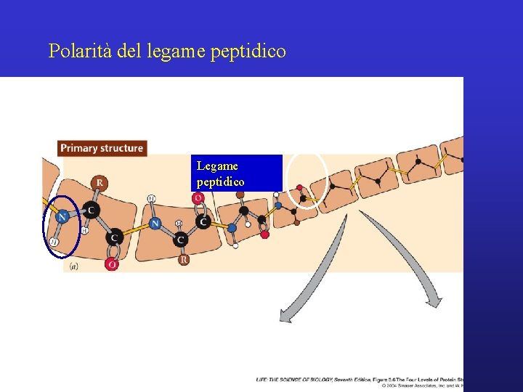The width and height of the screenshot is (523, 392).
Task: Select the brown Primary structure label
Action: pos(102,148)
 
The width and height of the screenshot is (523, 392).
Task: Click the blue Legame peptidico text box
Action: pos(236,173)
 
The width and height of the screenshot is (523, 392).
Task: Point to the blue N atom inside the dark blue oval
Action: pos(62,216)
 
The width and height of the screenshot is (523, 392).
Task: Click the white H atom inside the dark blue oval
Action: pos(54,240)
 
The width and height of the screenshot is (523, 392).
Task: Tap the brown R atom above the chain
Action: pos(99,182)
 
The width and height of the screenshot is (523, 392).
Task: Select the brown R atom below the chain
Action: pos(184,258)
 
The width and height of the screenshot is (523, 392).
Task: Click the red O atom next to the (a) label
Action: pos(112,265)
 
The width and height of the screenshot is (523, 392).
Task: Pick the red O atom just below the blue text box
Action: pos(198,198)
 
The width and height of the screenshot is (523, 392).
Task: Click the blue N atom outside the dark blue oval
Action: pos(155,224)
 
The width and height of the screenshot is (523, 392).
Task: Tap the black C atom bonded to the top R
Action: pos(92,211)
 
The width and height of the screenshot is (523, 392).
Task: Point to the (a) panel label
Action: pos(74,266)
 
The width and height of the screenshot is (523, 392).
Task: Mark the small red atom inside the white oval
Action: pos(300,187)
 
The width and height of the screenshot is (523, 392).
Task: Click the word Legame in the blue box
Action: pos(217,166)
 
